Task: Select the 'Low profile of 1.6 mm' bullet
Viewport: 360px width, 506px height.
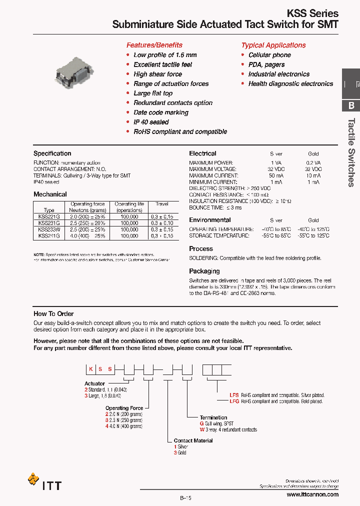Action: [165, 55]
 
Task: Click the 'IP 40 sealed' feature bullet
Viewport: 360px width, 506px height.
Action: [151, 122]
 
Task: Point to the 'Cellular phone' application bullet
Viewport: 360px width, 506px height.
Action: [269, 55]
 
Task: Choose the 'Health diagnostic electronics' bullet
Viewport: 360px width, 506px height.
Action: [290, 84]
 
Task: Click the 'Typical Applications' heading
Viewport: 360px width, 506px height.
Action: [273, 45]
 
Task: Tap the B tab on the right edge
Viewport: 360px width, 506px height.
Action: [351, 105]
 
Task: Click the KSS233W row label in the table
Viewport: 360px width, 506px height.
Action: [49, 229]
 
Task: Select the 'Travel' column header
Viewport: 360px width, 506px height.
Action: [162, 204]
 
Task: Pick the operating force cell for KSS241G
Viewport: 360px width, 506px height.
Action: [87, 235]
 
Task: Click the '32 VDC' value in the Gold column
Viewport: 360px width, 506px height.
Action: [313, 169]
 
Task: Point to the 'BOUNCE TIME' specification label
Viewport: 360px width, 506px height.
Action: [206, 207]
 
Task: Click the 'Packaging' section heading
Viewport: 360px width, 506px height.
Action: [204, 271]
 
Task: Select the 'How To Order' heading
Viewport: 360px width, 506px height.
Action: [53, 313]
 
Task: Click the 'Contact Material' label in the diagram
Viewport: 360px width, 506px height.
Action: [193, 440]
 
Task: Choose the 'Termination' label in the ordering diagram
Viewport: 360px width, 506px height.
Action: [213, 417]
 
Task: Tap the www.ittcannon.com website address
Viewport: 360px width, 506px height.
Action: [312, 494]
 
